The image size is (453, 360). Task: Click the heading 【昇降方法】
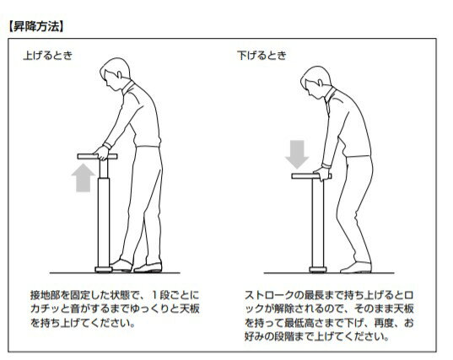pos(35,27)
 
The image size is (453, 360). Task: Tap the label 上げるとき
pos(48,55)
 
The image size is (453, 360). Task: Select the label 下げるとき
pos(262,55)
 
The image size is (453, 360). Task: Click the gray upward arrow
pos(84,178)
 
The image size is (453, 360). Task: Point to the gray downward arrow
pos(297,154)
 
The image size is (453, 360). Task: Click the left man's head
pos(115,73)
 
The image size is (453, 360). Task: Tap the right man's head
pos(315,82)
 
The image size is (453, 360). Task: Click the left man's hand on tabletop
pos(102,153)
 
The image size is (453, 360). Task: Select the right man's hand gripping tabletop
pos(322,174)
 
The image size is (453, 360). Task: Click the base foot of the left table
pos(104,270)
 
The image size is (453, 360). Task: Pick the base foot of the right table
pos(318,270)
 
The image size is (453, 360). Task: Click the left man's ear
pos(119,74)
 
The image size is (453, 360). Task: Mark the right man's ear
pos(320,83)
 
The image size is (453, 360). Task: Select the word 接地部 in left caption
pos(46,295)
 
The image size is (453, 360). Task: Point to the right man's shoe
pos(356,267)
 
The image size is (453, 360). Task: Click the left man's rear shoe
pos(148,268)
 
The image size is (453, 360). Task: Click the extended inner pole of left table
pos(104,169)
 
